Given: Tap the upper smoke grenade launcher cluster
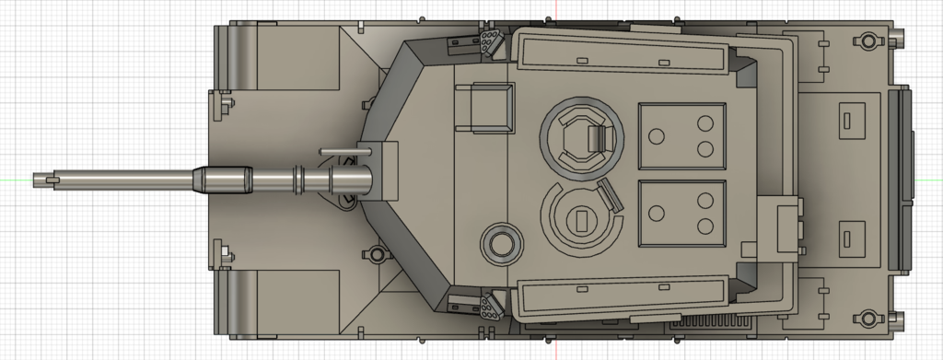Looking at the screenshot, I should (x=487, y=41).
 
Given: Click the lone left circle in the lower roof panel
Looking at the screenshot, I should (x=657, y=214).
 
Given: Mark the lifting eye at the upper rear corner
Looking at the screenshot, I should (x=865, y=41).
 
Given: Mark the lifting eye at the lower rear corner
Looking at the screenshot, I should (x=865, y=319).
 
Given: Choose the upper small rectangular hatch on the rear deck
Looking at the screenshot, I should (x=847, y=119).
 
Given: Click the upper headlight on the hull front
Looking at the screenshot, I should (x=221, y=103).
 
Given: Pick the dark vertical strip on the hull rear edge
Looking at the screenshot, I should (x=900, y=180).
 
